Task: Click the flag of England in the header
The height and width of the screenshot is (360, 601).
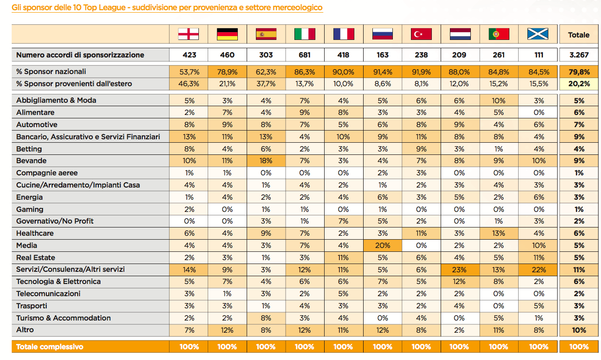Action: pos(189,35)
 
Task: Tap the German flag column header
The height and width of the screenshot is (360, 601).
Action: pos(227,35)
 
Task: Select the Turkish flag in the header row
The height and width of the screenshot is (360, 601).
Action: pos(421,35)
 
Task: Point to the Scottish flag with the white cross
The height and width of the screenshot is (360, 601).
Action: pos(538,35)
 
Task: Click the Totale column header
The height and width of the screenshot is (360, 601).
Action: pos(579,35)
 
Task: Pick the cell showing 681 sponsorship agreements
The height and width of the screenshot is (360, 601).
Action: pos(305,55)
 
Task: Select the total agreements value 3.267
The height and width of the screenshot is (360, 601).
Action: pos(579,55)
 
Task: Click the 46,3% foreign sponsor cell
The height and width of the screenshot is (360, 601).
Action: pos(189,84)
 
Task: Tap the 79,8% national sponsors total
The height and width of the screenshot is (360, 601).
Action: pos(579,72)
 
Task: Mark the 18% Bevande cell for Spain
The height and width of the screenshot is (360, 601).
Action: pos(266,161)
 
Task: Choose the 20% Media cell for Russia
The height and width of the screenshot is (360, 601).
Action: pos(383,246)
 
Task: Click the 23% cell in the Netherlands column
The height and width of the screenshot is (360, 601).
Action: pos(459,269)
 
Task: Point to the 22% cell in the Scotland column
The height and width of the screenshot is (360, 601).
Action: pos(539,269)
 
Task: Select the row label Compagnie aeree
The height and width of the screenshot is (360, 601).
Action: pos(47,173)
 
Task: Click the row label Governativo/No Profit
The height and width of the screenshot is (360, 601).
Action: pos(55,221)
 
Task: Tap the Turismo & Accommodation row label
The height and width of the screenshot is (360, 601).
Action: pos(63,318)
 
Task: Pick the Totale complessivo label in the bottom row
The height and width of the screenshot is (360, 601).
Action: pos(50,347)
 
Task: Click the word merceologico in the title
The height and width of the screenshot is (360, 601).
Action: pos(298,8)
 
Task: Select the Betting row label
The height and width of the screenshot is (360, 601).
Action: pos(29,149)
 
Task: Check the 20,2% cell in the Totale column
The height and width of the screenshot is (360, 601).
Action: pos(579,84)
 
